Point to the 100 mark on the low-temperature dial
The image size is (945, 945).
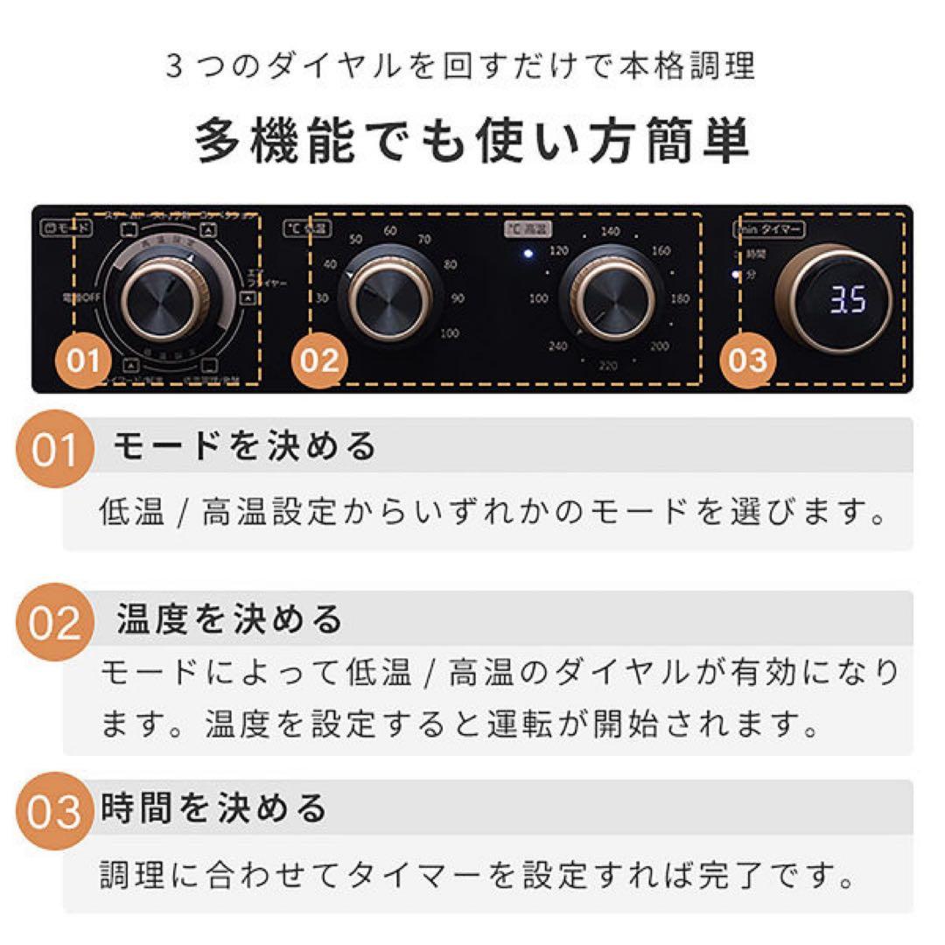point(449,333)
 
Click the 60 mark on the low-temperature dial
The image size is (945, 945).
point(390,231)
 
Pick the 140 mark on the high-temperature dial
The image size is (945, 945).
point(610,232)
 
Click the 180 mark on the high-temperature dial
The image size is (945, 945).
point(679,299)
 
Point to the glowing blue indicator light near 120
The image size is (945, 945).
point(528,255)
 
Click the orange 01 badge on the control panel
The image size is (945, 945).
point(85,360)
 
